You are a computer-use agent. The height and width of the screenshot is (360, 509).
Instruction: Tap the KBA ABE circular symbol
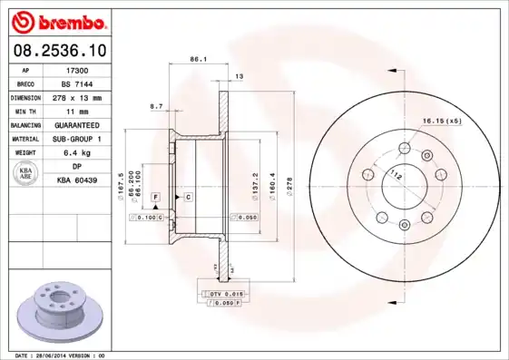click(26, 173)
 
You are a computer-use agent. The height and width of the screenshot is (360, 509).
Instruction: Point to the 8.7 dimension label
click(155, 106)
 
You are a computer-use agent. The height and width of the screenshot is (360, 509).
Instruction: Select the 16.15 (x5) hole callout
click(441, 121)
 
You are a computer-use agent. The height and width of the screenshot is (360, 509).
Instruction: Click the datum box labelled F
click(155, 196)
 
